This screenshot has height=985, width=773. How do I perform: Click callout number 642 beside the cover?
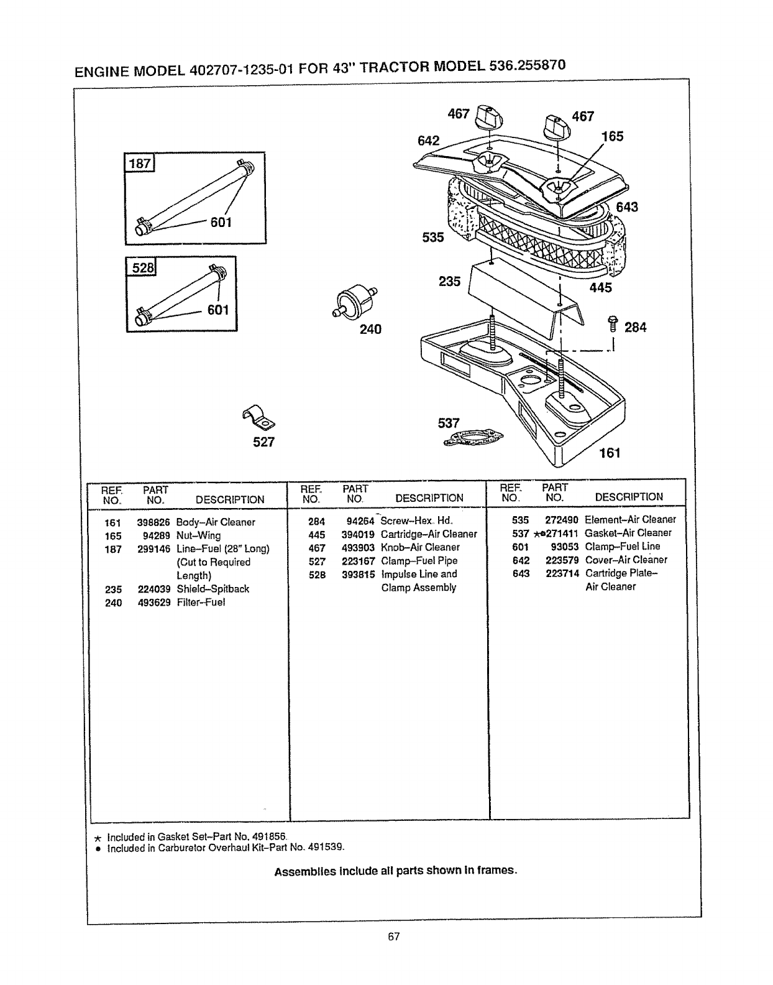428,141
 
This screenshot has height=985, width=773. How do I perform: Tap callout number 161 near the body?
610,453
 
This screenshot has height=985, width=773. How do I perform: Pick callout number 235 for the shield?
449,282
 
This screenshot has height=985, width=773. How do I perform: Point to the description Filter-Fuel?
201,603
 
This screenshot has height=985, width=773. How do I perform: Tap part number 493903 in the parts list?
357,547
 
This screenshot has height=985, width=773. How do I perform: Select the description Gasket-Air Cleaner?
628,533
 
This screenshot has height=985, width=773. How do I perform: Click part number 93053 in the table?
564,547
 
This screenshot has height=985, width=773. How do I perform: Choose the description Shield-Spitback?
213,589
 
